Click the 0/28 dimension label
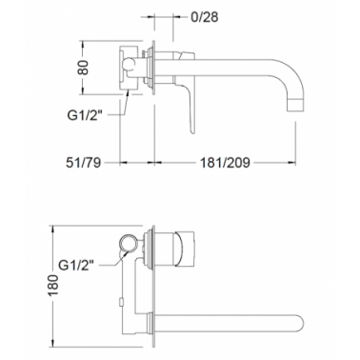pyautogui.click(x=205, y=17)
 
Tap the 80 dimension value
pyautogui.click(x=83, y=68)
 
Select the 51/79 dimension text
pyautogui.click(x=83, y=163)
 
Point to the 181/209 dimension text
pyautogui.click(x=225, y=163)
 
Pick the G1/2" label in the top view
pyautogui.click(x=87, y=115)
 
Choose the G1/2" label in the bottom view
pyautogui.click(x=77, y=264)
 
